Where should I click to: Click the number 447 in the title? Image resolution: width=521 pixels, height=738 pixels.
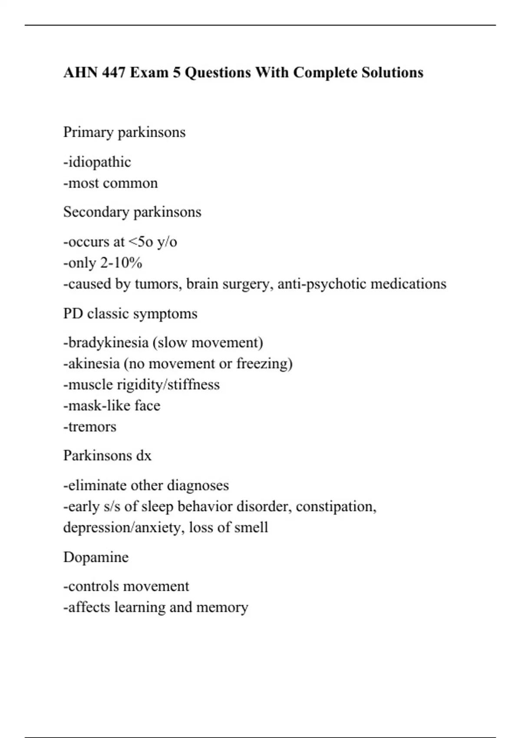tap(114, 72)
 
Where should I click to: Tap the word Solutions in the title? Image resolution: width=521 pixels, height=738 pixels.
tap(392, 72)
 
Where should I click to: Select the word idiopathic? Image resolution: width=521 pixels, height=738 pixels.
tap(99, 162)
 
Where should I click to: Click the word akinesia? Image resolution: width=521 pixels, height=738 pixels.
tap(94, 363)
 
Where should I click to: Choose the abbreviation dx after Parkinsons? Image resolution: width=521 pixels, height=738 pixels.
tap(144, 456)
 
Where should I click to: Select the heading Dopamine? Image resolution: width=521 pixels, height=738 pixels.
tap(96, 557)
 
